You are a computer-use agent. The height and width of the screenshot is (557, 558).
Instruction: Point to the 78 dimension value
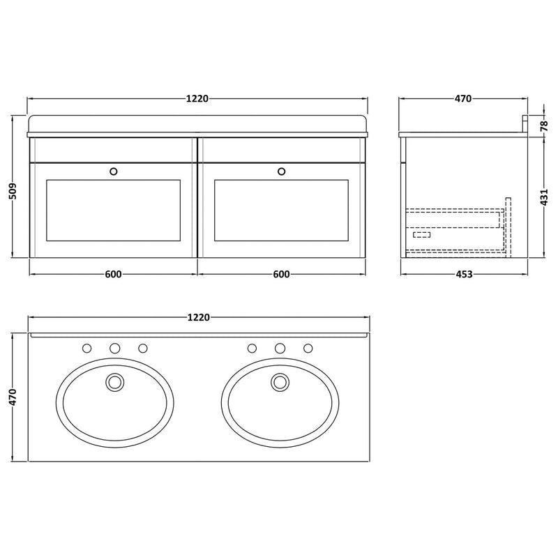click(x=545, y=125)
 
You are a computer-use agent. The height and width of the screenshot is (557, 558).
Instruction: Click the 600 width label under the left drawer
click(x=113, y=275)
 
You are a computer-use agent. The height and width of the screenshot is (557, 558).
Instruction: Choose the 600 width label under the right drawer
click(x=281, y=275)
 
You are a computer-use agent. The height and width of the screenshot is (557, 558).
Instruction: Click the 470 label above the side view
click(x=464, y=98)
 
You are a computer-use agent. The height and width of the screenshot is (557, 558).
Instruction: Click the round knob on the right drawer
click(x=282, y=170)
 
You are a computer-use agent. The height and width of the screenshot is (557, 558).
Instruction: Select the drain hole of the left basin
click(x=114, y=381)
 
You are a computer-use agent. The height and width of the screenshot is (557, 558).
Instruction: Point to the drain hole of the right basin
click(x=280, y=381)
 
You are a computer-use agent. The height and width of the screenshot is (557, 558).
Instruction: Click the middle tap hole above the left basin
click(x=115, y=348)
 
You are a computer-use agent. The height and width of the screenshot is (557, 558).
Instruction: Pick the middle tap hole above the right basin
click(x=280, y=348)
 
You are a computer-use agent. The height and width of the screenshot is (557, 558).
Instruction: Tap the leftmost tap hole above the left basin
click(x=87, y=348)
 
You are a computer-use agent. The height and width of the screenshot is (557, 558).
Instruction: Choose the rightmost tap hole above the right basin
click(x=308, y=348)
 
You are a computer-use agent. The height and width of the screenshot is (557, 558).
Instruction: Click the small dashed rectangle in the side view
click(x=421, y=234)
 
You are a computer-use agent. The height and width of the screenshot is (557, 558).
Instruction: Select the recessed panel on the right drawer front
click(x=281, y=210)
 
